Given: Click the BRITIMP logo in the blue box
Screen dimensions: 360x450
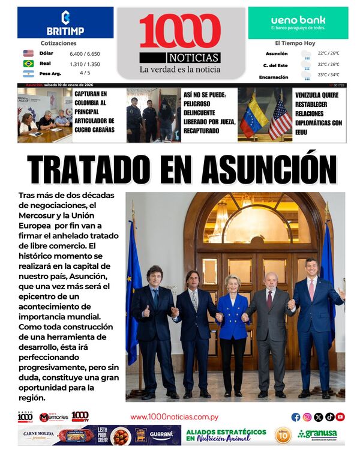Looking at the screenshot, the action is [x=65, y=23].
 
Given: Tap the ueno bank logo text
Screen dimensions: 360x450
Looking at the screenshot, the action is [x=298, y=20].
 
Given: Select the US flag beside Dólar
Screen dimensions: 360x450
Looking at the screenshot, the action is [x=28, y=53].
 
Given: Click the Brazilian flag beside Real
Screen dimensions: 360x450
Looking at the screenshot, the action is [x=28, y=64].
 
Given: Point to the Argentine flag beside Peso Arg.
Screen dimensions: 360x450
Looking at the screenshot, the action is [x=28, y=74].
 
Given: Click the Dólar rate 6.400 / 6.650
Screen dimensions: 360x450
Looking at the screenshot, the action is [x=85, y=53].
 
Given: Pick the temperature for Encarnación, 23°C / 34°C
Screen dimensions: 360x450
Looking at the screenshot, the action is [x=328, y=75].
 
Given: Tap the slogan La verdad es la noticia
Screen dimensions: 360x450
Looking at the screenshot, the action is [x=180, y=70].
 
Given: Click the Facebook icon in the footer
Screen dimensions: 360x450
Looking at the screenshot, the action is [x=296, y=417].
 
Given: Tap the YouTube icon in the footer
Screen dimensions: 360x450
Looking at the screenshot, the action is [x=340, y=417].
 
